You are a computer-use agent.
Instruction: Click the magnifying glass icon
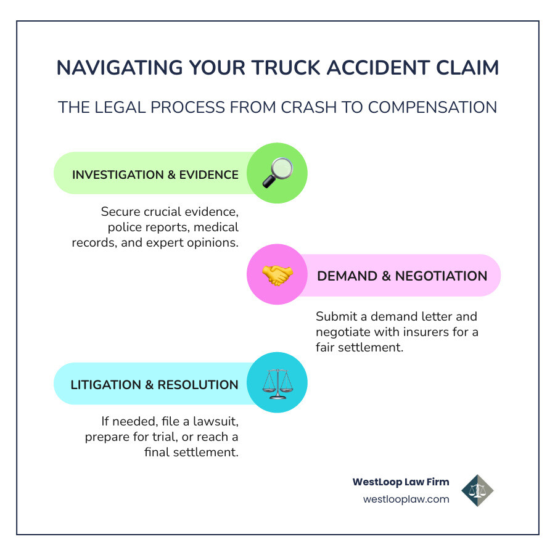[277, 173]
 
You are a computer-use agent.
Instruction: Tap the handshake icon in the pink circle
[277, 275]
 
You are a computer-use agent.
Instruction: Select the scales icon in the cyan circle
[277, 382]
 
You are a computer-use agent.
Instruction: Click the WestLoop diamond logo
[477, 490]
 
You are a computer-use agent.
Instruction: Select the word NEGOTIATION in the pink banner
[441, 276]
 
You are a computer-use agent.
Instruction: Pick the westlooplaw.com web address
[406, 499]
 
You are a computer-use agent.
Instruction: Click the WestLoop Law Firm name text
[401, 482]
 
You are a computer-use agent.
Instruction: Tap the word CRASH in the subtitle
[308, 107]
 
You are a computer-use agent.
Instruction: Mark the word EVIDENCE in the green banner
[207, 175]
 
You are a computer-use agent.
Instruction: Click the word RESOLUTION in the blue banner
[198, 385]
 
